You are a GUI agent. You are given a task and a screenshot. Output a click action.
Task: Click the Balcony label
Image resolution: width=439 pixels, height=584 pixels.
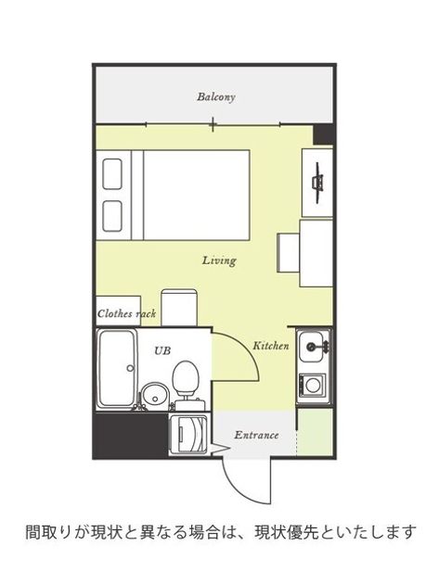[216, 97]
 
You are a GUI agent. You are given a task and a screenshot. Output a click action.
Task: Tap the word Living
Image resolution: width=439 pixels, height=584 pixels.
[219, 260]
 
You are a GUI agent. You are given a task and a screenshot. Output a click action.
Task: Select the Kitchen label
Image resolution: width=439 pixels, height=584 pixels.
[271, 346]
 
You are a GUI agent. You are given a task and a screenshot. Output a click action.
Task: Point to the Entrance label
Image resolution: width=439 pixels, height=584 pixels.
[256, 435]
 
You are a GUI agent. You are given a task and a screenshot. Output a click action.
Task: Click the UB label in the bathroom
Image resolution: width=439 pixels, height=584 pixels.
[162, 350]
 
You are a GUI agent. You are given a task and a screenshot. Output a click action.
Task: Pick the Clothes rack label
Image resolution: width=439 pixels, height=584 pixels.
[126, 313]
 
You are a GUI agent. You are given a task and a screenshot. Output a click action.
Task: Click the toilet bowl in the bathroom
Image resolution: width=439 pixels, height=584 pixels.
[186, 376]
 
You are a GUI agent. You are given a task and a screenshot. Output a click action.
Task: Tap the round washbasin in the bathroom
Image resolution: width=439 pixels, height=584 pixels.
[155, 396]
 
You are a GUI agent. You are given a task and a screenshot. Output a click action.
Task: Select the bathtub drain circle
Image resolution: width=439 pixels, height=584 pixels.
[130, 368]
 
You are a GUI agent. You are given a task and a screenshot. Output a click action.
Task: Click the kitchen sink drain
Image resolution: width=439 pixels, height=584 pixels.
[310, 347]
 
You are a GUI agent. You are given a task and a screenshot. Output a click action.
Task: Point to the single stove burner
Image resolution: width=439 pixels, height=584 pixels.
[313, 384]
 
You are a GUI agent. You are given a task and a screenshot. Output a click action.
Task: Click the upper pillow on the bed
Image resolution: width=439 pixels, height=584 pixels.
[112, 174]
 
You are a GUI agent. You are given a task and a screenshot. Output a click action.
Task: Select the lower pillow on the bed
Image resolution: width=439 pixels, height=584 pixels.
[112, 216]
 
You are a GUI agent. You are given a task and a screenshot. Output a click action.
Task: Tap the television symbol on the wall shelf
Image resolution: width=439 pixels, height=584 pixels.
[317, 183]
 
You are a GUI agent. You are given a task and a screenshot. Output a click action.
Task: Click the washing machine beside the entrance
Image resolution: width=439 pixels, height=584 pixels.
[188, 434]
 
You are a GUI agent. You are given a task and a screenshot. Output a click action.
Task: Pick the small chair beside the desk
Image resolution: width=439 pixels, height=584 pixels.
[289, 253]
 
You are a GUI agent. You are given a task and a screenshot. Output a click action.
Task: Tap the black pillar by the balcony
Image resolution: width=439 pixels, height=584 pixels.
[323, 134]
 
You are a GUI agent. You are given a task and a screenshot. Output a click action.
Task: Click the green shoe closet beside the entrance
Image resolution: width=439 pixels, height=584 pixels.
[316, 432]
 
